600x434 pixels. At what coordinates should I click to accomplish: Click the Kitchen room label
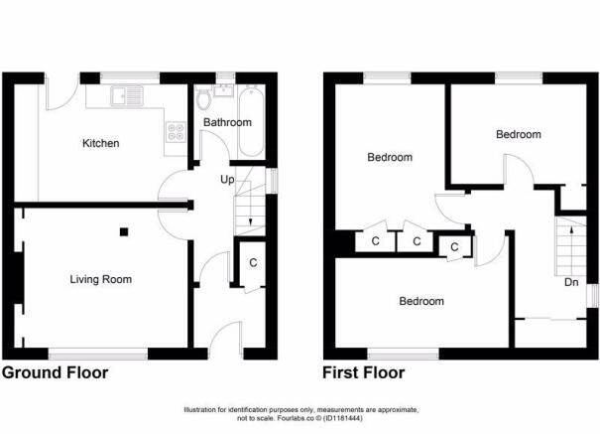click(100, 143)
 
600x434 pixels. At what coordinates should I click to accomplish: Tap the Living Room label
click(100, 279)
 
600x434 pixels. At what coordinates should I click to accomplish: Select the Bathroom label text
click(227, 123)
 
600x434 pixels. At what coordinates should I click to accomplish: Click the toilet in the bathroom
click(205, 99)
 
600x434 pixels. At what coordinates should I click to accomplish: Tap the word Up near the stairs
click(227, 180)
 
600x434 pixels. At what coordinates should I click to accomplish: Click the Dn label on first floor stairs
click(571, 282)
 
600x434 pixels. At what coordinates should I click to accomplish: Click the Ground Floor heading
click(55, 373)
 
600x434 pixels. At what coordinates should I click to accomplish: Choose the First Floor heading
click(364, 373)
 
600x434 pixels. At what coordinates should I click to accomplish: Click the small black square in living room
click(123, 232)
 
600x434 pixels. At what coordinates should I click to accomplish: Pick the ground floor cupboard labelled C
click(253, 262)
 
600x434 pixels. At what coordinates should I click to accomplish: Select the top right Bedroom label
click(519, 134)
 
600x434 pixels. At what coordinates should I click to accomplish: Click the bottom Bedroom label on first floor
click(421, 301)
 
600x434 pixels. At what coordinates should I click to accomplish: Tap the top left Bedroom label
click(390, 157)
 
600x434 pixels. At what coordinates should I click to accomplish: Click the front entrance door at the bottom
click(226, 340)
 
